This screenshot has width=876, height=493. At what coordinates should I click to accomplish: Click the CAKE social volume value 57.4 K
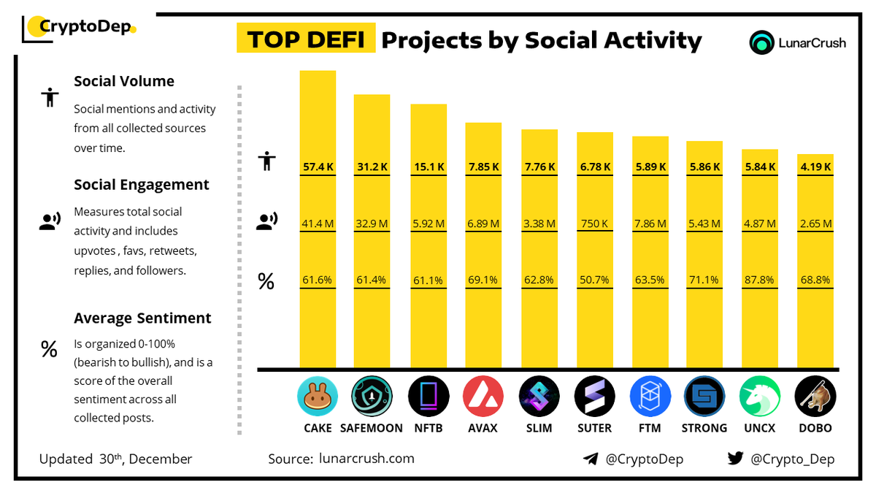point(318,167)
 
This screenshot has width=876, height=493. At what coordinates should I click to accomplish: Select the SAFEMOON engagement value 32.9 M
point(372,223)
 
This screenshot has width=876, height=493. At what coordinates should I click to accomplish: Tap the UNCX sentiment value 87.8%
point(760,279)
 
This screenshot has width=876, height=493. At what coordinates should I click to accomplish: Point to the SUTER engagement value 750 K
point(594,223)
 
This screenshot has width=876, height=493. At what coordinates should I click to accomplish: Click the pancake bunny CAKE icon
point(318,397)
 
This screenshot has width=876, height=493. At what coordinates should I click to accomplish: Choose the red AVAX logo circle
point(483,397)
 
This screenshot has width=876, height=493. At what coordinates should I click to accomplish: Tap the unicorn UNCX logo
point(760,397)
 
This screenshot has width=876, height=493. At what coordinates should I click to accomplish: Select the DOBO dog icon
point(815,397)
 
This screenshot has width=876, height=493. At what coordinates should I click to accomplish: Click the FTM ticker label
point(649,428)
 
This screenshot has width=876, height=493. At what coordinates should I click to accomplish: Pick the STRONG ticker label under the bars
point(704,428)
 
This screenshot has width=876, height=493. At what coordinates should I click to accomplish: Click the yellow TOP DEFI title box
point(306,39)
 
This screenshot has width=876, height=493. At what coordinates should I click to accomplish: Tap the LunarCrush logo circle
point(762,42)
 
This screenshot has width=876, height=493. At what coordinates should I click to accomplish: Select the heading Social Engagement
point(142,185)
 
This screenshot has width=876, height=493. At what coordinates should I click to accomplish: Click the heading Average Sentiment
point(142,318)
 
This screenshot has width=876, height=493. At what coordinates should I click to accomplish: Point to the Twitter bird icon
point(735,459)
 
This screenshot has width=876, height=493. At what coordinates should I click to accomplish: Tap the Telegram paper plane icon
point(591,459)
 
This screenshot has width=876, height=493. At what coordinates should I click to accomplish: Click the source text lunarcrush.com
point(366,459)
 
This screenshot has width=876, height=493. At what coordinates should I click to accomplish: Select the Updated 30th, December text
point(115,459)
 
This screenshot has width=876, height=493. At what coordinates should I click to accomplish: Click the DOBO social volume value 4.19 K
point(815,167)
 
